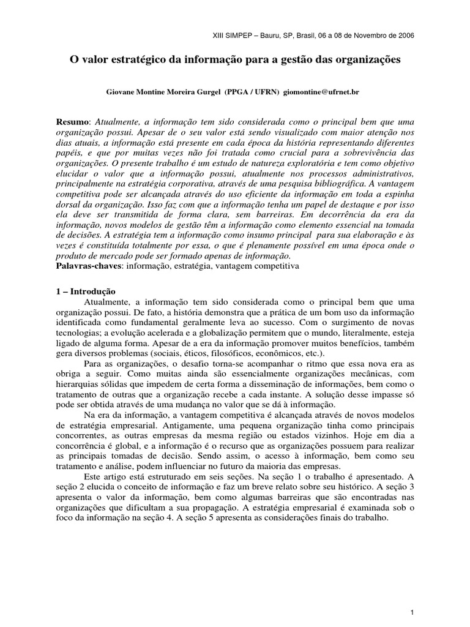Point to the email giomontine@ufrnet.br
coord(323,91)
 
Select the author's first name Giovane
coord(122,91)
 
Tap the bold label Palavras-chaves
coord(88,267)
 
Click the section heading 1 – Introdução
coord(86,291)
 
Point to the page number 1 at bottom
coord(412,595)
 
